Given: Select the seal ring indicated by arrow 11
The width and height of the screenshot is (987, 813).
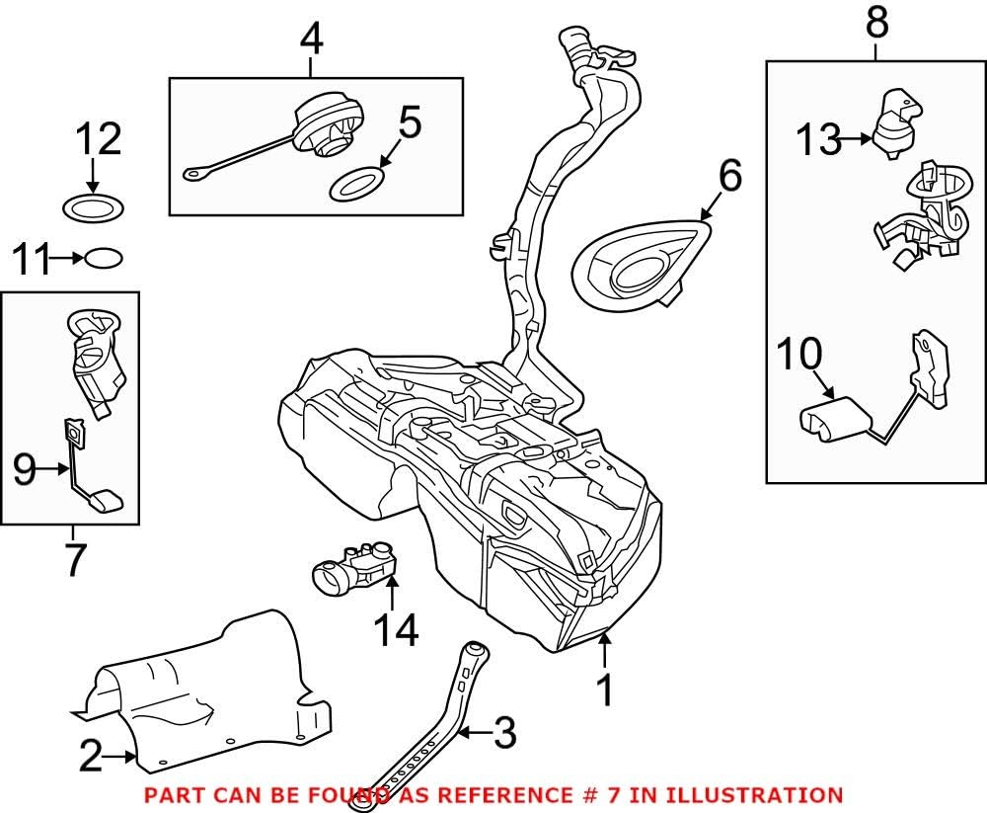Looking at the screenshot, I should point(104,259).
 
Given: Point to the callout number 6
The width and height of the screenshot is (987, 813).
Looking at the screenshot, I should point(728,177).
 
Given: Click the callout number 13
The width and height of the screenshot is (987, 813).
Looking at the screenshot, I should point(817,141).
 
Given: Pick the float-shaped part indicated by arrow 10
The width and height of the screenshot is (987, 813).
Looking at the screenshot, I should point(832,419).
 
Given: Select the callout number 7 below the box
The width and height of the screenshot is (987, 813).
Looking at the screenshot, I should point(74,559).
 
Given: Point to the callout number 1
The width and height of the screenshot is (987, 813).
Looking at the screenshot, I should point(606,691).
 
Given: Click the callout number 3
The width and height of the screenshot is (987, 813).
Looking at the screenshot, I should point(503,732).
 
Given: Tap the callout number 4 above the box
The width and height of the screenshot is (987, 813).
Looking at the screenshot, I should point(311,40).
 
